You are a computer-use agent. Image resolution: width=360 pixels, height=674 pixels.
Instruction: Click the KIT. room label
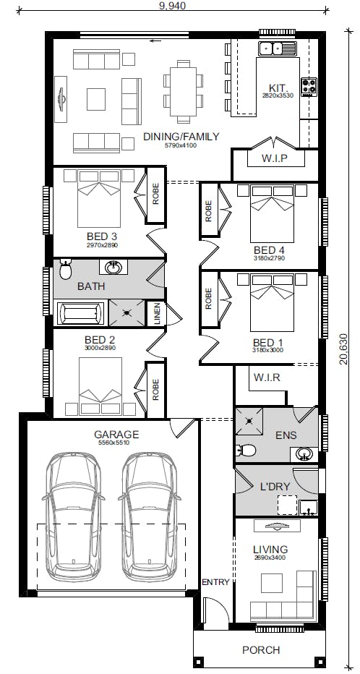click(278, 86)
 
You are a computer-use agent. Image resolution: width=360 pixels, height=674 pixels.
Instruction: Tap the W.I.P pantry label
click(275, 158)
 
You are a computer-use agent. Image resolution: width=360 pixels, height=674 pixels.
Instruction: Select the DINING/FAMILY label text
click(181, 137)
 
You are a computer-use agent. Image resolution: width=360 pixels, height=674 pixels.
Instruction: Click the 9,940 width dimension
click(172, 5)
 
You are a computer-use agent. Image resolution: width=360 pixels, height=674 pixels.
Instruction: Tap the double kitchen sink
click(277, 49)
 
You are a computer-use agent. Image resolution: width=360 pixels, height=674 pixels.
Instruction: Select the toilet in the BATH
click(65, 270)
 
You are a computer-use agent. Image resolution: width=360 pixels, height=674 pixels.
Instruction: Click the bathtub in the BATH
click(81, 313)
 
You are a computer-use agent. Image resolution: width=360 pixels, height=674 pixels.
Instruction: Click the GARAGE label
click(116, 434)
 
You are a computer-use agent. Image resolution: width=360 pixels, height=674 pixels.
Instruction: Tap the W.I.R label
click(267, 377)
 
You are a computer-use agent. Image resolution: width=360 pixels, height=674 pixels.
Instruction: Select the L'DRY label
click(275, 487)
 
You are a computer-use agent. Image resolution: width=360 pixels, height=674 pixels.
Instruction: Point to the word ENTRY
click(215, 582)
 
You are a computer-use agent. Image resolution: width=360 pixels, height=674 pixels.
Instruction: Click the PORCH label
click(261, 650)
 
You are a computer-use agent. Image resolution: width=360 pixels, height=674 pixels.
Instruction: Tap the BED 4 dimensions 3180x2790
click(268, 258)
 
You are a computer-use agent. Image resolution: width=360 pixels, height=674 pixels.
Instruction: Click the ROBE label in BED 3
click(155, 195)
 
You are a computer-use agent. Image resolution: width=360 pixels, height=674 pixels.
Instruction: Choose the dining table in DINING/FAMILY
click(183, 91)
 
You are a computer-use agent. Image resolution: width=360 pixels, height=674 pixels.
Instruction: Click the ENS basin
click(304, 454)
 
